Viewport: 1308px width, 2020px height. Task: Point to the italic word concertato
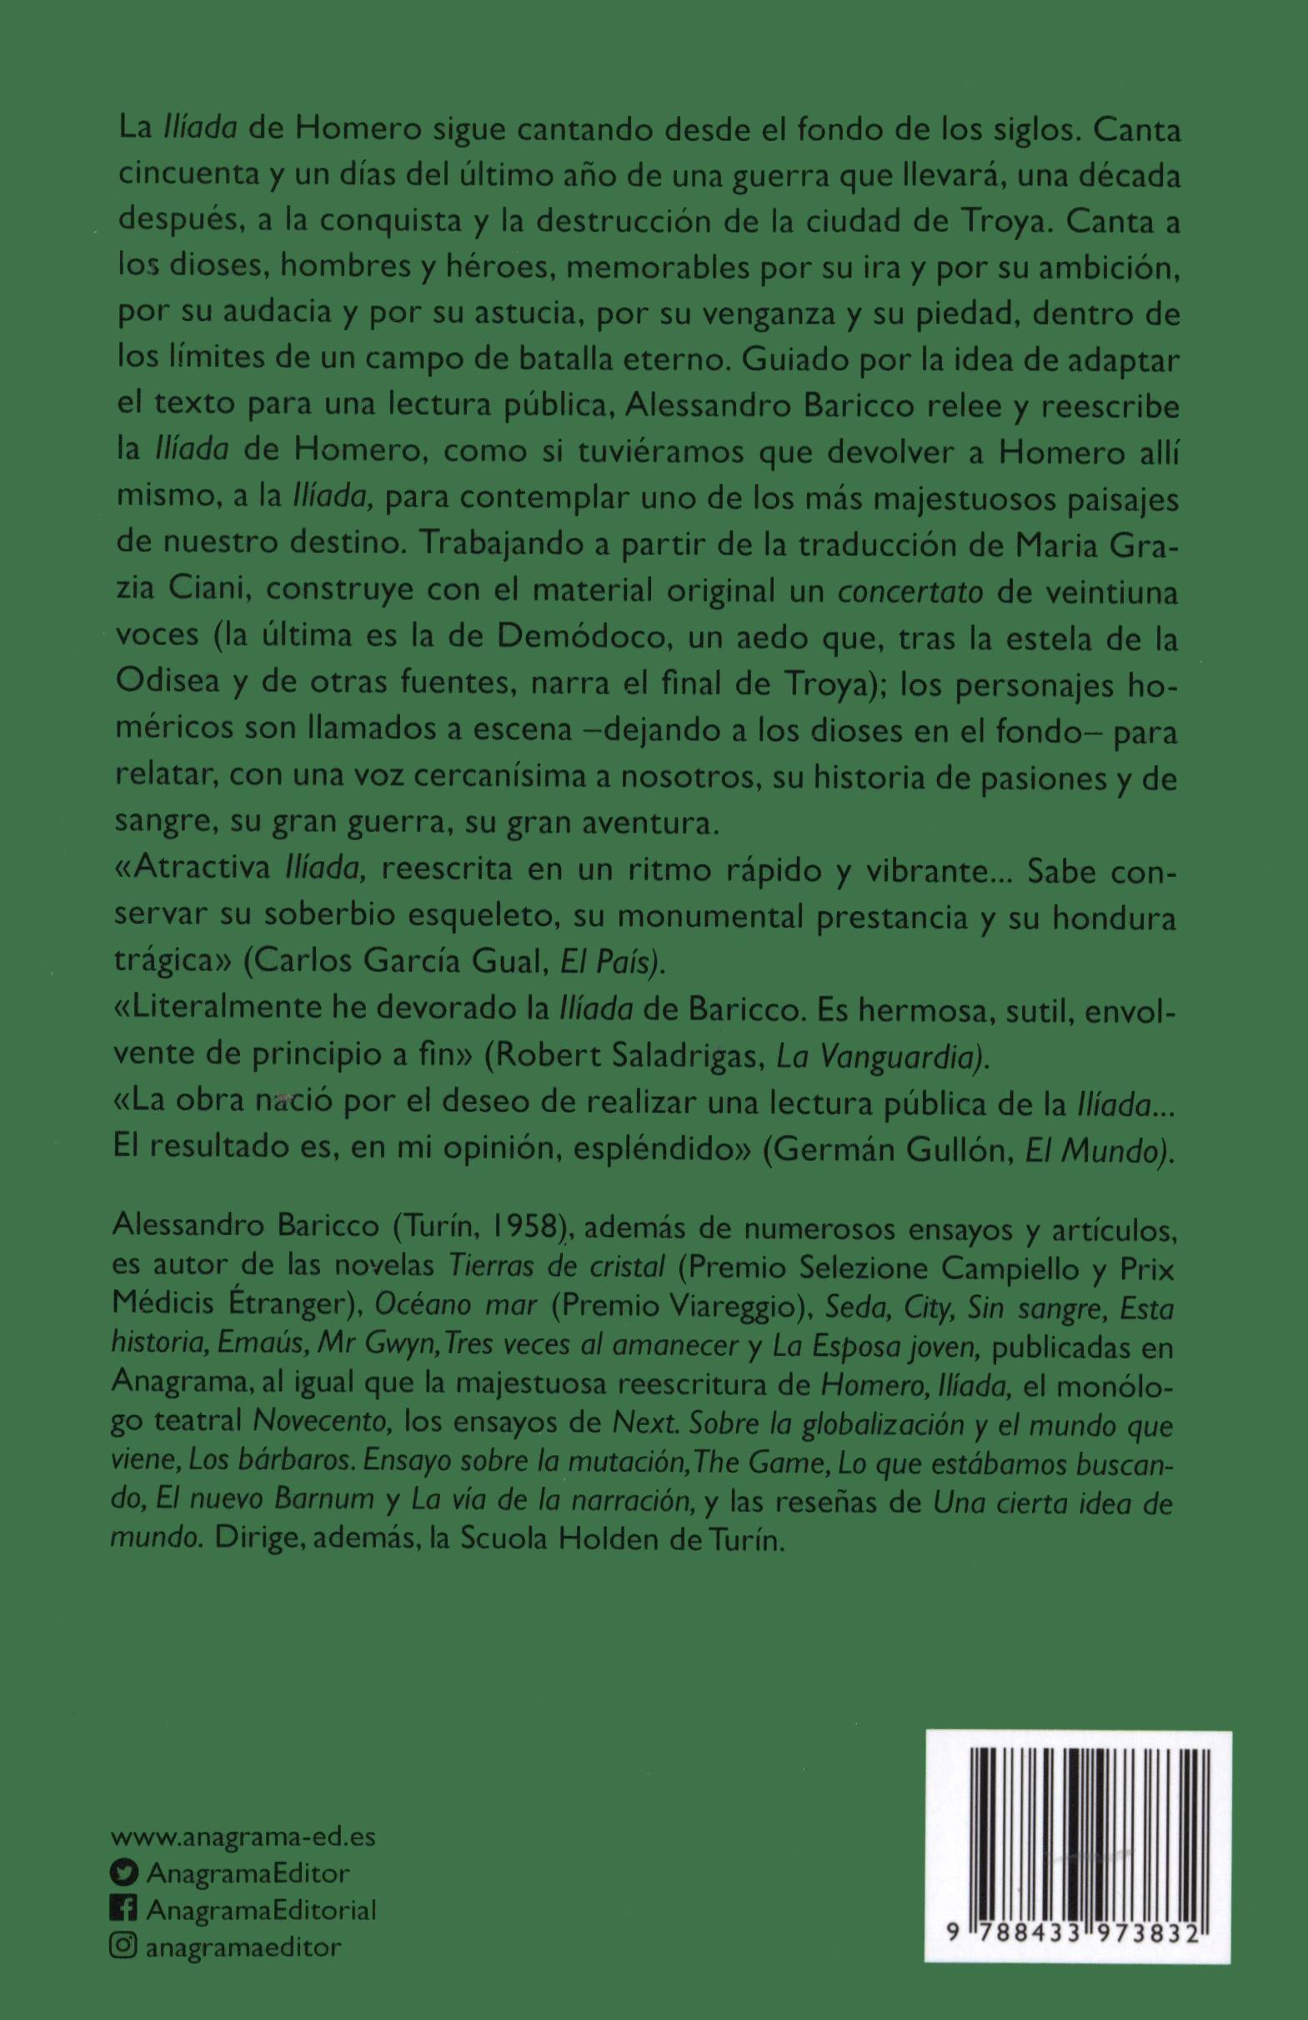pyautogui.click(x=910, y=593)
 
